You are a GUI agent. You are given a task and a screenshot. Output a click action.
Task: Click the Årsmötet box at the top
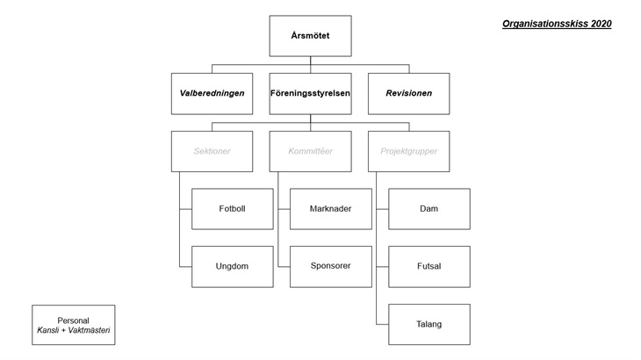[x=310, y=36]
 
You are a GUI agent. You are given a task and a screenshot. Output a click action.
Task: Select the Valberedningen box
[x=212, y=94]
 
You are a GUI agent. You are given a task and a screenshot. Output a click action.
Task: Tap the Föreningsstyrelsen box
[x=310, y=94]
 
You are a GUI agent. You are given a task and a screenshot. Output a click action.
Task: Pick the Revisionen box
[x=409, y=94]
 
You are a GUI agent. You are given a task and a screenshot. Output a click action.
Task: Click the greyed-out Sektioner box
[x=212, y=151]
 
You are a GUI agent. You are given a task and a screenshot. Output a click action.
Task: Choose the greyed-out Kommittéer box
[x=310, y=151]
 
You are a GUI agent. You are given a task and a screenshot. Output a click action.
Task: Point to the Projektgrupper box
[x=409, y=151]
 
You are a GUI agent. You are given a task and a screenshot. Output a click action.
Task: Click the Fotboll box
[x=232, y=209]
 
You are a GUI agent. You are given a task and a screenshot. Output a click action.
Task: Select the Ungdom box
[x=232, y=266]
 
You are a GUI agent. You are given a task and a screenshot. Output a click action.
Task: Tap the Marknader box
[x=331, y=209]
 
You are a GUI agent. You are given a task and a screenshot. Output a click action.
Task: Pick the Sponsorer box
[x=331, y=266]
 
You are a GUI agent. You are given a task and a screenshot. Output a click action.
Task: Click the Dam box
[x=429, y=209]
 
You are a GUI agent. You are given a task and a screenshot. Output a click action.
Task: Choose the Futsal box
[x=429, y=266]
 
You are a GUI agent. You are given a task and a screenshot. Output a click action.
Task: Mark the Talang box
[x=429, y=325]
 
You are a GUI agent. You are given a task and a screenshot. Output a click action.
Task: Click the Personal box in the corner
[x=74, y=325]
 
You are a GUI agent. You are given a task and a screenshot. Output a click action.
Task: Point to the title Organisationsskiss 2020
[x=557, y=24]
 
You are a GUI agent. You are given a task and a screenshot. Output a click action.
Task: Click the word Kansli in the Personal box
[x=47, y=330]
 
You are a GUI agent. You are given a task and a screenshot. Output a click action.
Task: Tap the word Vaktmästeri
[x=89, y=330]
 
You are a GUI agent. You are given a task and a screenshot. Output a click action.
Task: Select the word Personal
[x=73, y=320]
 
